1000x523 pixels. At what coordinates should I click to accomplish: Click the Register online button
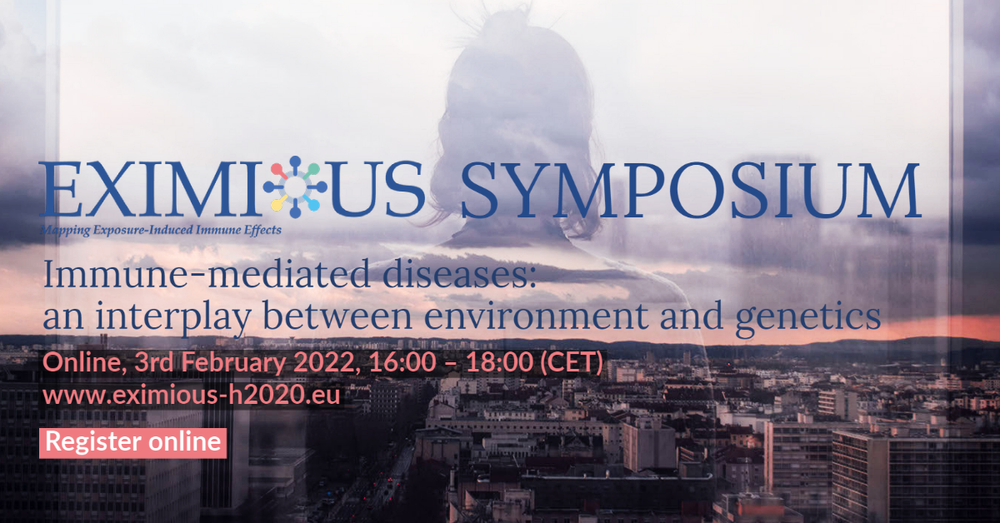point(133,443)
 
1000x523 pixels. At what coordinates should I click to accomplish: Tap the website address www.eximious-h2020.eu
point(192,395)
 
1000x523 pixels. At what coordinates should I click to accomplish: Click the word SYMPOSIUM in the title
point(691,190)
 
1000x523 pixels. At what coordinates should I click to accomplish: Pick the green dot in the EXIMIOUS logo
point(314,169)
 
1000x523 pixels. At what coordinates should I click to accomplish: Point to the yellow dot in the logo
point(277,205)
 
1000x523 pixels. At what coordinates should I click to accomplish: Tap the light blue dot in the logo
point(314,205)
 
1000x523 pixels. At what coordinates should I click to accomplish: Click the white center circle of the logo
point(295,187)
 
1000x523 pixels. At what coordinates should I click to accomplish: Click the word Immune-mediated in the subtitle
point(207,275)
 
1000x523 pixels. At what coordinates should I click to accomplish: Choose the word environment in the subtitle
point(536,316)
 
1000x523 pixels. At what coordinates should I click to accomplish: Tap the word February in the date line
point(232,362)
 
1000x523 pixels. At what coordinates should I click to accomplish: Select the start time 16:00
point(402,362)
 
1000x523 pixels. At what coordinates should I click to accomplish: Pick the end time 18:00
point(499,362)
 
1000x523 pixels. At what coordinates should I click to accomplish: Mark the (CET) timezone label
point(572,362)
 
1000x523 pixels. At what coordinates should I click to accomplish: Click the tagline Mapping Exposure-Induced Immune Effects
point(161,230)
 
